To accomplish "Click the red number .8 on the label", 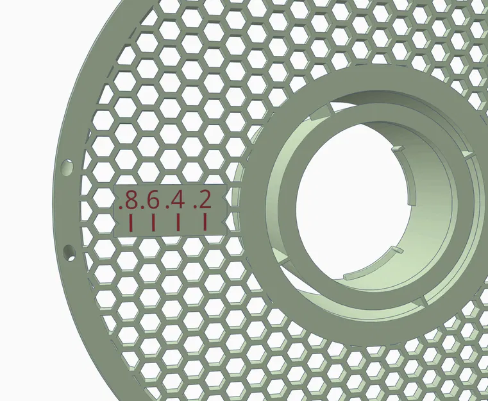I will pyautogui.click(x=129, y=201).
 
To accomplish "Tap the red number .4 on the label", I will pyautogui.click(x=175, y=201).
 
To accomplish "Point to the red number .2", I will pyautogui.click(x=202, y=201).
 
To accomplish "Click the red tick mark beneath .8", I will pyautogui.click(x=130, y=223).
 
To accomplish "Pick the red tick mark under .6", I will pyautogui.click(x=153, y=223).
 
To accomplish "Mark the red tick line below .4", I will pyautogui.click(x=178, y=223).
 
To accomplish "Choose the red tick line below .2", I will pyautogui.click(x=205, y=223).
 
